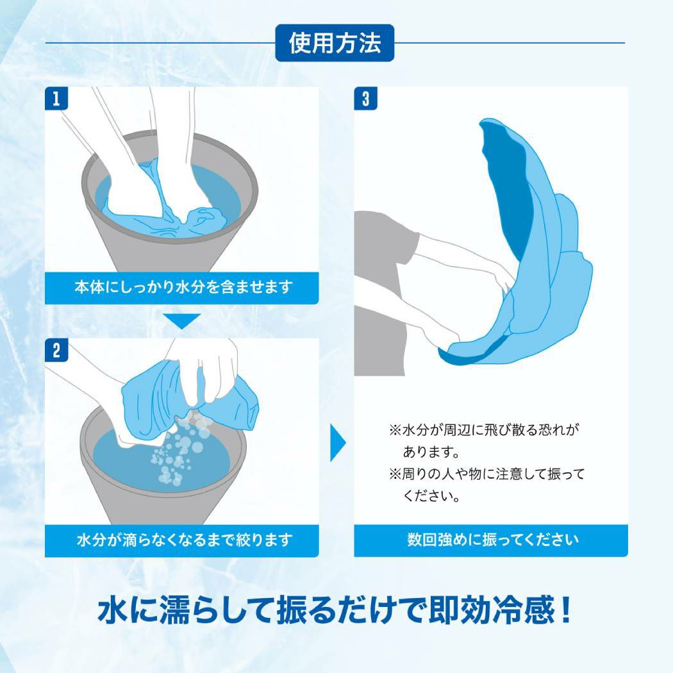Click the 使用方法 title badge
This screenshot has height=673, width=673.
click(x=335, y=43)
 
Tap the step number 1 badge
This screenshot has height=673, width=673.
click(x=56, y=98)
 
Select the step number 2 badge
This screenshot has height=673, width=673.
click(x=56, y=350)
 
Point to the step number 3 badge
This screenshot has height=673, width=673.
click(x=365, y=98)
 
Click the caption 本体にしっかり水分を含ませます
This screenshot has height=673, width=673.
click(x=183, y=287)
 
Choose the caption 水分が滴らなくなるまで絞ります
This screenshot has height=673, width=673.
click(x=185, y=540)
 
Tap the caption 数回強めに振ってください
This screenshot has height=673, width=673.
click(x=493, y=540)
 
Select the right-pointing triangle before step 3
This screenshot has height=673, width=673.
click(x=338, y=442)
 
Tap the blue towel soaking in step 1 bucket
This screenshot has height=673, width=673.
click(x=172, y=206)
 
